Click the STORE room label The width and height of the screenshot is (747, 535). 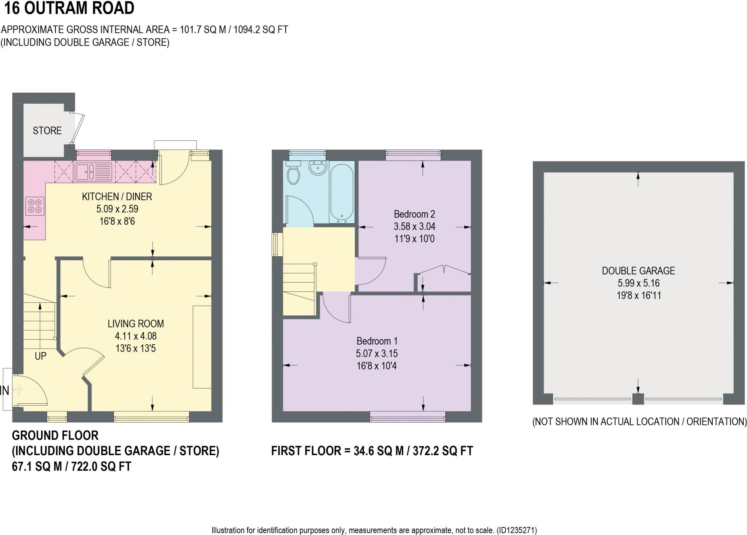pyautogui.click(x=47, y=131)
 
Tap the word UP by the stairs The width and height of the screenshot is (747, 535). pyautogui.click(x=40, y=356)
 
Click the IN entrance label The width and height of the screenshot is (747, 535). pyautogui.click(x=4, y=391)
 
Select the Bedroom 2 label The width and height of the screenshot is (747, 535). pyautogui.click(x=414, y=214)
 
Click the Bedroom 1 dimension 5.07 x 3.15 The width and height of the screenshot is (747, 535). pyautogui.click(x=377, y=353)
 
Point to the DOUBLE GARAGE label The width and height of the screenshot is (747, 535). pyautogui.click(x=638, y=271)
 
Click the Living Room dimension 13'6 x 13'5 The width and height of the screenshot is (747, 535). pyautogui.click(x=136, y=348)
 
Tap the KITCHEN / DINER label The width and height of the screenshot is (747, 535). pyautogui.click(x=117, y=197)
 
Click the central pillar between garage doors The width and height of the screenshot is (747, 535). pyautogui.click(x=638, y=399)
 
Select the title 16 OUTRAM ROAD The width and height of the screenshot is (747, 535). pyautogui.click(x=69, y=8)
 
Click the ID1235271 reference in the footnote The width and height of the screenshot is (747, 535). pyautogui.click(x=516, y=530)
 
